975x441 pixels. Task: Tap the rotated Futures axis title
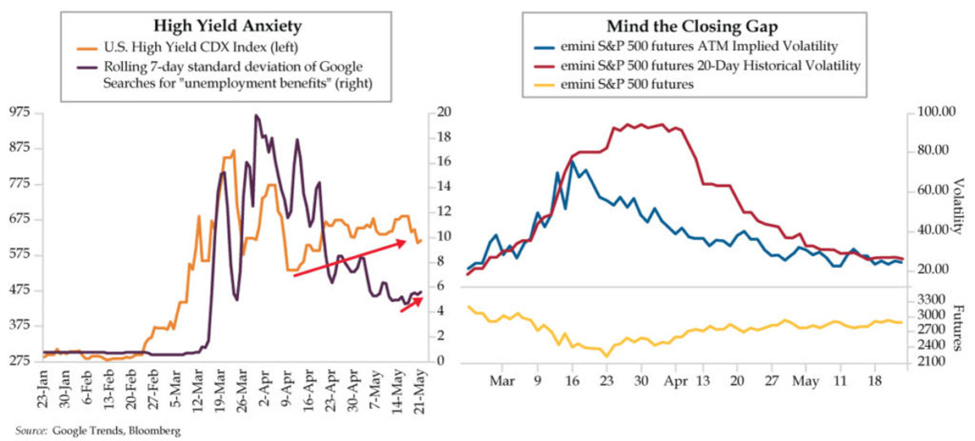click(958, 329)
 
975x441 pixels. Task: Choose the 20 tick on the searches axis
click(443, 113)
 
